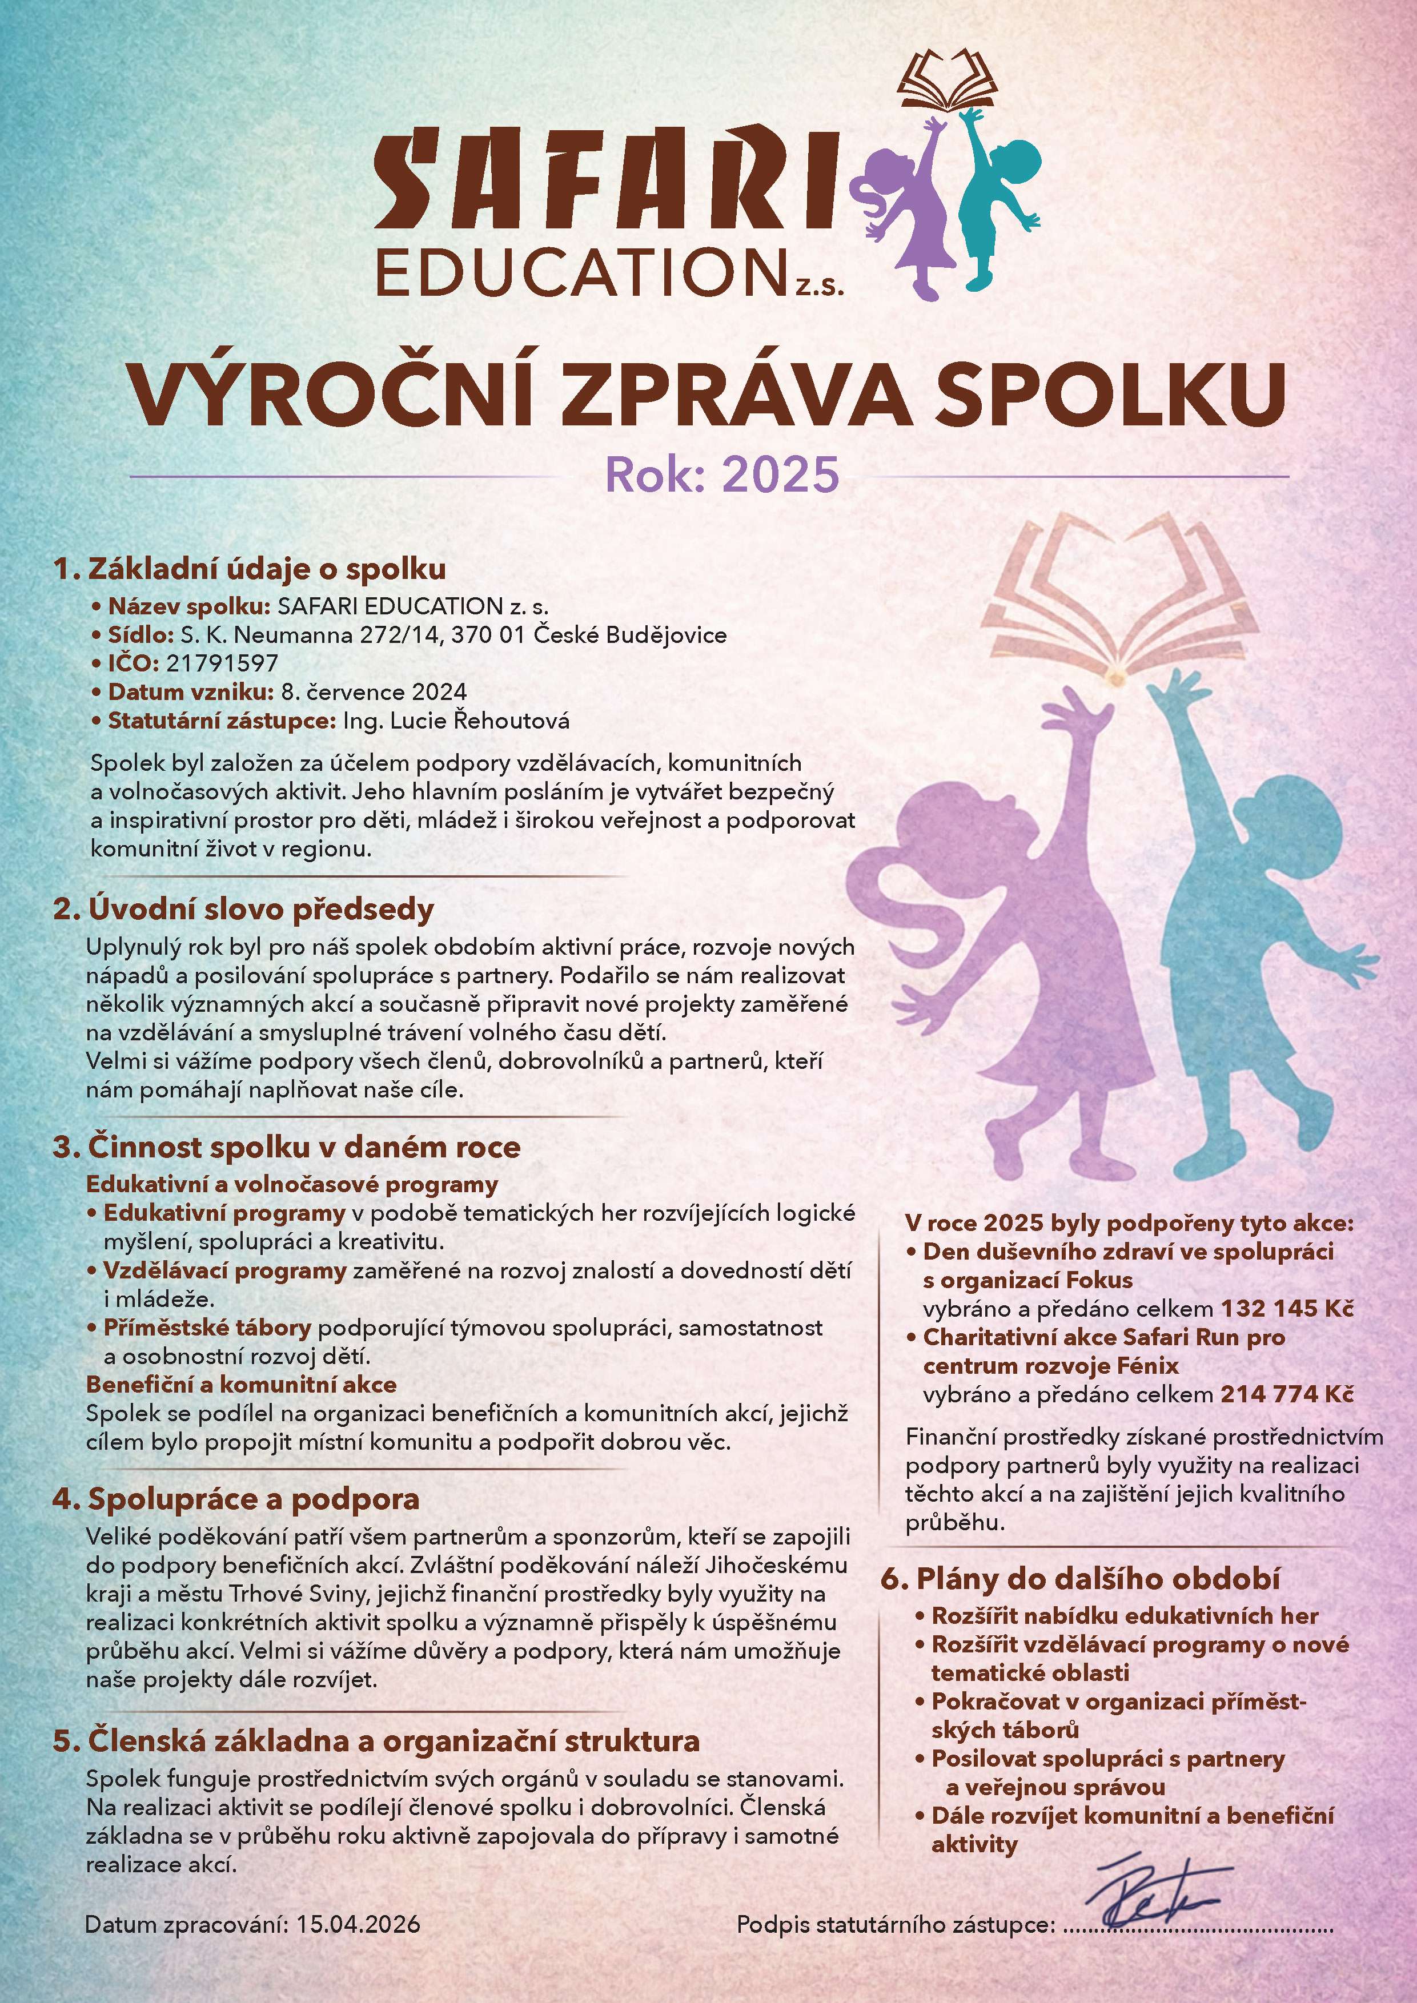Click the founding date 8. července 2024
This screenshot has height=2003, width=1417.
pos(374,692)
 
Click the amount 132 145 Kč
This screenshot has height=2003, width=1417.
pos(1287,1309)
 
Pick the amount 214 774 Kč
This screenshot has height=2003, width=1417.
pos(1287,1394)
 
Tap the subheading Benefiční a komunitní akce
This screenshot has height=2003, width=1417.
pos(241,1385)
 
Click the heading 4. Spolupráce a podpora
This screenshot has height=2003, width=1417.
pos(235,1499)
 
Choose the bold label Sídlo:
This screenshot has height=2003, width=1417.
pos(141,634)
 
